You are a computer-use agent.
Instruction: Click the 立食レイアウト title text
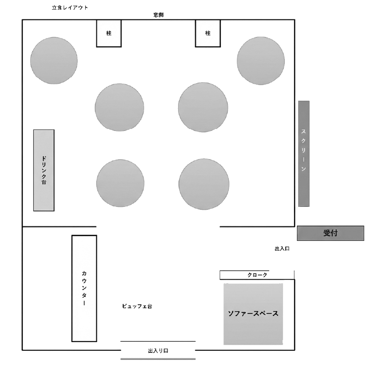pos(70,8)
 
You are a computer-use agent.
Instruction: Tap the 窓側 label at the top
pos(159,15)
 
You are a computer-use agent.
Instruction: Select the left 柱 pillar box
pos(109,33)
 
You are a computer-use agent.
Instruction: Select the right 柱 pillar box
pos(208,33)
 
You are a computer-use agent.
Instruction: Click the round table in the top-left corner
pos(54,60)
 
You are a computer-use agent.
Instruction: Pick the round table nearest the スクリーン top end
pos(261,61)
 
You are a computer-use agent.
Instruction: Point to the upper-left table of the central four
pos(119,108)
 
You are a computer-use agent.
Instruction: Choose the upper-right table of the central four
pos(203,108)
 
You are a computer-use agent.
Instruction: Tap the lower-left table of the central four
pos(120,183)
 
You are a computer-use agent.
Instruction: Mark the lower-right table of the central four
pos(204,184)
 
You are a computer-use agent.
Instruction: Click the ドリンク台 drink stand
pos(44,170)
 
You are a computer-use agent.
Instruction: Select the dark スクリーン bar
pos(304,154)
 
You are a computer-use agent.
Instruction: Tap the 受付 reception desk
pos(330,233)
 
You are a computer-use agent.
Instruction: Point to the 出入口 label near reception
pos(282,249)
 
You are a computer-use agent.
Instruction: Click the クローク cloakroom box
pos(257,275)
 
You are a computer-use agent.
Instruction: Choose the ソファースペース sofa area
pos(253,314)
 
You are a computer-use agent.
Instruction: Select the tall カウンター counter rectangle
pos(84,289)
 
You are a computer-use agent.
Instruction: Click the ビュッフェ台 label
pos(137,306)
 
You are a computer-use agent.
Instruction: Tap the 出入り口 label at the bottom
pos(158,351)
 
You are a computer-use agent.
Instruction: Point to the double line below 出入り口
pos(158,359)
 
